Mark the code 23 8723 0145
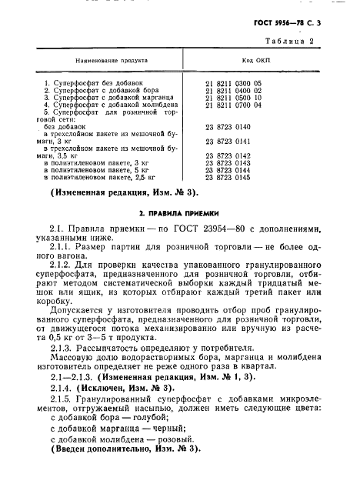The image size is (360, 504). [229, 178]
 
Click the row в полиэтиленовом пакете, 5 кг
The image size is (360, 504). [96, 170]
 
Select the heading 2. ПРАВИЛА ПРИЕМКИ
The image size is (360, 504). [179, 213]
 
